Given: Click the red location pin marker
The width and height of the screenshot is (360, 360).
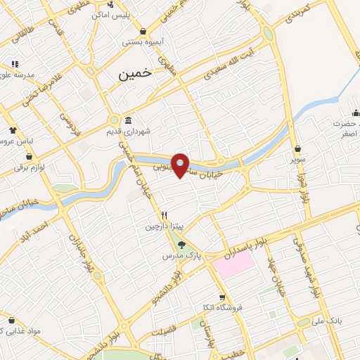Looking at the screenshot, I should pos(181,165).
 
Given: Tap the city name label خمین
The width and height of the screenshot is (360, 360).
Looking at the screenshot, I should pos(136,74).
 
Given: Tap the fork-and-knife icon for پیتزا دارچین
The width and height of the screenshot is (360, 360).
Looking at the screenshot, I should pos(164,215).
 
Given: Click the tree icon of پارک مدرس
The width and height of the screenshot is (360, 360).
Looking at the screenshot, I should pos(181,245).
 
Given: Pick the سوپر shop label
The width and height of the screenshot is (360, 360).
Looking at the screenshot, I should pos(299,159).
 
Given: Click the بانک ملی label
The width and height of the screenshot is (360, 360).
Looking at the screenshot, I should pos(326,321).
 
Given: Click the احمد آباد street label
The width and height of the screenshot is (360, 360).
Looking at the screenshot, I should pos(34,229).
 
